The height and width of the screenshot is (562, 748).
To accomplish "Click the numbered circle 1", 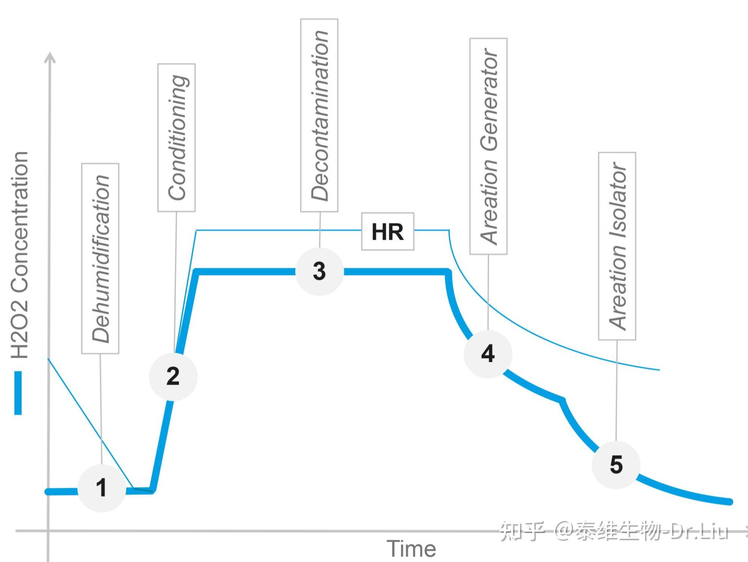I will point(101,488).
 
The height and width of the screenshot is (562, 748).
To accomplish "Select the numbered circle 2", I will point(173,376).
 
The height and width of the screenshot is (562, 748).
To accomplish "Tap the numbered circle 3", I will point(319,271).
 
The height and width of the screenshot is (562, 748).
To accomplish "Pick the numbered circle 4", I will point(488,354).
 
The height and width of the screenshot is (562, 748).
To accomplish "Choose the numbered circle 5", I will point(616,465).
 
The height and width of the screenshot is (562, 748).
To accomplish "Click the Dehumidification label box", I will point(100,259).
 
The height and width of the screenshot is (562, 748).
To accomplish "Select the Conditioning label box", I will point(176,138).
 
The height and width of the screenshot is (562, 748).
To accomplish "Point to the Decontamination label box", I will point(319,115).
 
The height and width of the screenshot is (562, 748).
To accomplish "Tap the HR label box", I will point(387,232).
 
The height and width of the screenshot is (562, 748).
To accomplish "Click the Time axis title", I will point(411,549).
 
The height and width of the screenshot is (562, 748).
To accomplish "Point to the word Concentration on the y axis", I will point(19,221).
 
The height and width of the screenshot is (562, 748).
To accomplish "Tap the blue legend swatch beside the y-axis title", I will point(18,393).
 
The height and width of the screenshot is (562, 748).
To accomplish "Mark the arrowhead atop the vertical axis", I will point(50,57).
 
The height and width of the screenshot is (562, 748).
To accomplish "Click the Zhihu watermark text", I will point(614,531).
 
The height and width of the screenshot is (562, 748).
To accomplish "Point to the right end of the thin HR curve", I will point(659,370).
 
